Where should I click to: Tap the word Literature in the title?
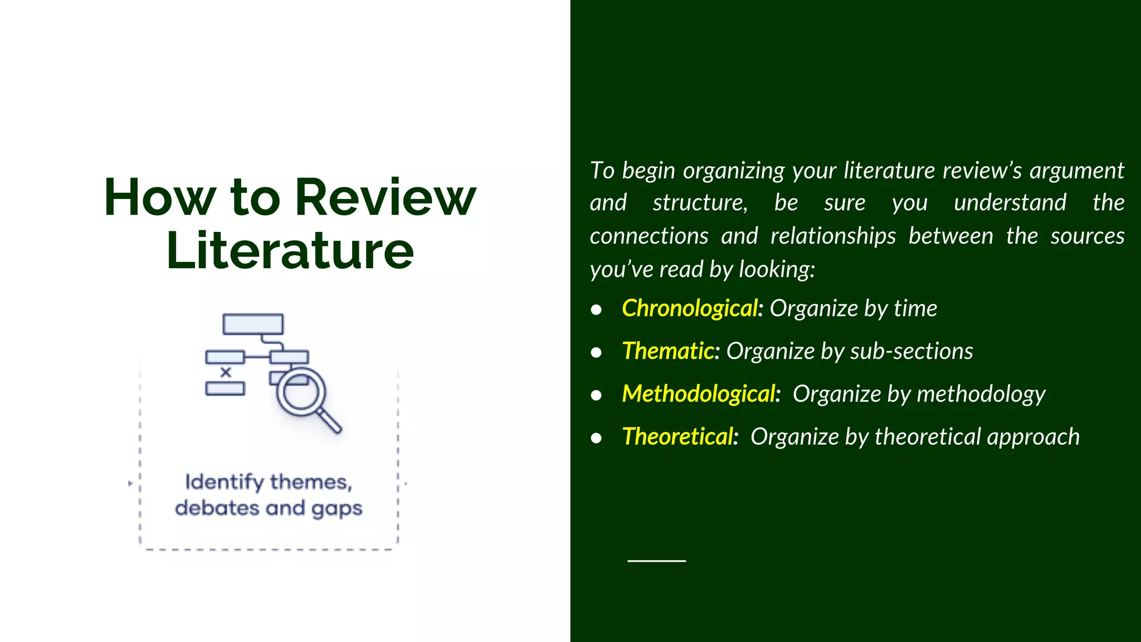tap(290, 251)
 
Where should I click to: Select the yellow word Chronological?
tap(690, 308)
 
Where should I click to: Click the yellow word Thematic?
tap(668, 351)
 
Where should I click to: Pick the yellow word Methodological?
tap(699, 394)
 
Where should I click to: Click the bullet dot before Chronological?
tap(596, 310)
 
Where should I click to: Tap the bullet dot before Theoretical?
tap(596, 439)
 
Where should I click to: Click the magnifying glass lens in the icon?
tap(301, 392)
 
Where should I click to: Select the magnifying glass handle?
tap(330, 421)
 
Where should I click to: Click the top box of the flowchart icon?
tap(253, 324)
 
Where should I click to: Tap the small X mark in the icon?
tap(226, 372)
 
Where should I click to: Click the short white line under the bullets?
tap(656, 561)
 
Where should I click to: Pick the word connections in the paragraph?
tap(648, 236)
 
